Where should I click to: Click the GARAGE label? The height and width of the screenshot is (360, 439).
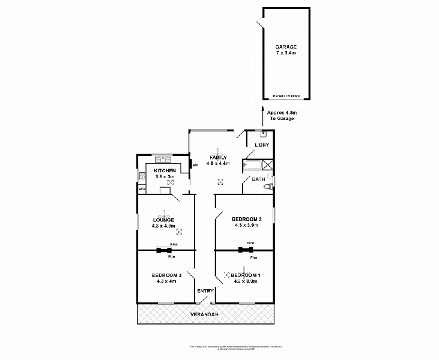click(x=286, y=47)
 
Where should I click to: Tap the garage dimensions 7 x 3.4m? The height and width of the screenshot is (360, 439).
click(x=286, y=53)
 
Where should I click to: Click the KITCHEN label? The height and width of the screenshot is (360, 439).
click(x=165, y=171)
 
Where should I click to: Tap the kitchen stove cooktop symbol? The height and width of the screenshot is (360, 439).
click(x=142, y=176)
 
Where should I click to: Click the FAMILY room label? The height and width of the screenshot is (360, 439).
click(x=218, y=157)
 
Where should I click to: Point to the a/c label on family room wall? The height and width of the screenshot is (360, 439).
click(x=195, y=163)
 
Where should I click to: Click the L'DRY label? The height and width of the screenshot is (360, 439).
click(x=261, y=145)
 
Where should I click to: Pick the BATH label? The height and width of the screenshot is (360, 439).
click(x=258, y=179)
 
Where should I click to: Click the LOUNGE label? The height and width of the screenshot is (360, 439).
click(x=163, y=220)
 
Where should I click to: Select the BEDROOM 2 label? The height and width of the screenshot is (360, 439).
click(x=247, y=219)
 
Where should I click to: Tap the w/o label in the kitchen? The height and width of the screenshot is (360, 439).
click(x=142, y=189)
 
